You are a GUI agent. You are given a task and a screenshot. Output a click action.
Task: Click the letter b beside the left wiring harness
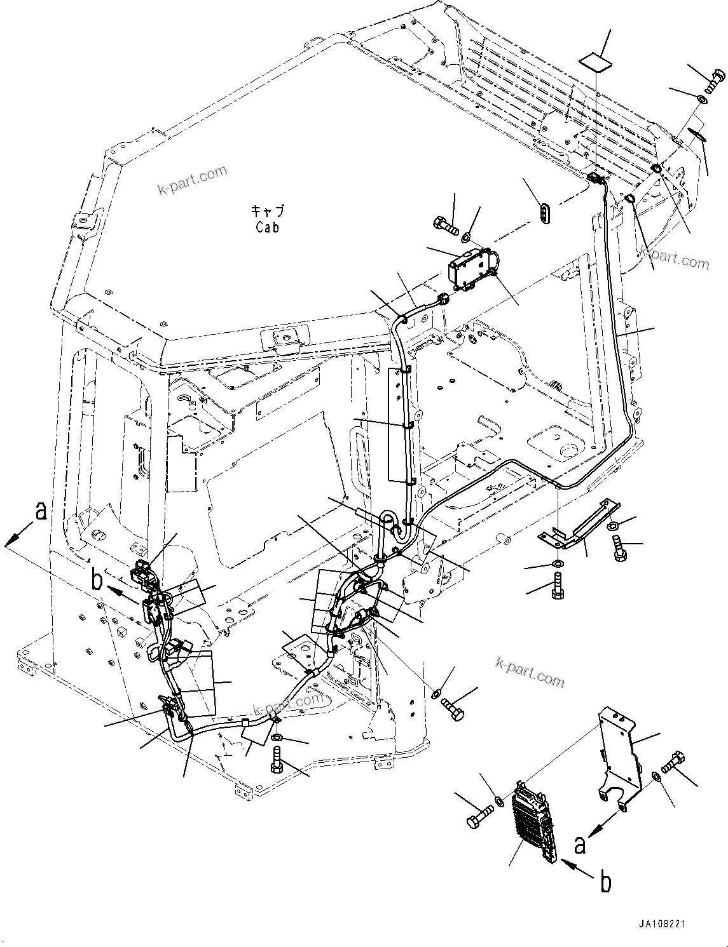97,580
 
